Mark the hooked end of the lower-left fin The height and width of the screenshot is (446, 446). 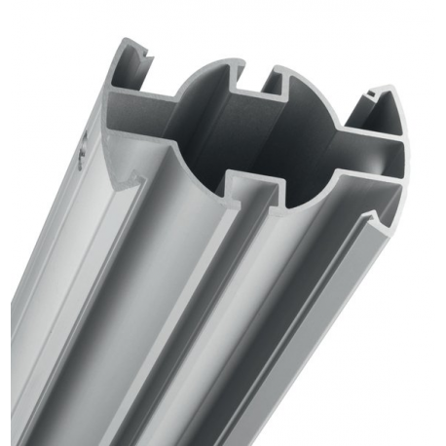[x=122, y=180]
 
